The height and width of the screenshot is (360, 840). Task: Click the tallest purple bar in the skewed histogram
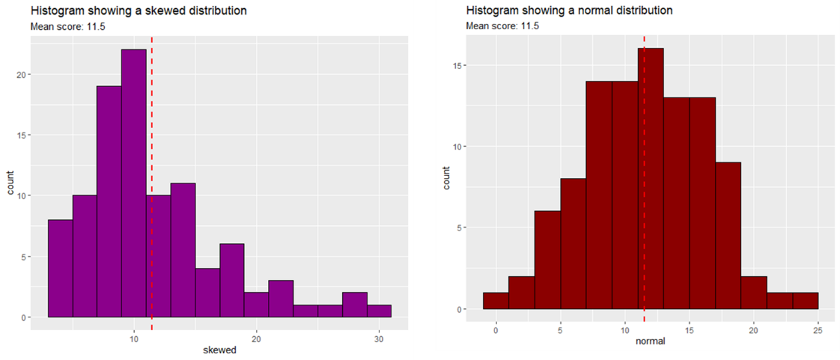pyautogui.click(x=134, y=183)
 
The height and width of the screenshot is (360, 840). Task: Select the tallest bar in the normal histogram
pyautogui.click(x=651, y=179)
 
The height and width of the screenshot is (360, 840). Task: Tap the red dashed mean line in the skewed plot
pyautogui.click(x=152, y=183)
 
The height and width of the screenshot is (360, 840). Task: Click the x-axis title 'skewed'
pyautogui.click(x=220, y=350)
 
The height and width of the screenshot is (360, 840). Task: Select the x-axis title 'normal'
pyautogui.click(x=650, y=341)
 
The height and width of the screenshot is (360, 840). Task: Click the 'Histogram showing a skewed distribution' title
pyautogui.click(x=139, y=11)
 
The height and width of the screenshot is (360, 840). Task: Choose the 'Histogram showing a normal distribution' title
pyautogui.click(x=570, y=10)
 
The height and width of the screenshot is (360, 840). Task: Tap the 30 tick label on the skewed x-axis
pyautogui.click(x=379, y=339)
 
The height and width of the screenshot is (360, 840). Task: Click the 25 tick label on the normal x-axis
pyautogui.click(x=818, y=330)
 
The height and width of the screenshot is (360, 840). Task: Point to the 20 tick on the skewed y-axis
pyautogui.click(x=21, y=74)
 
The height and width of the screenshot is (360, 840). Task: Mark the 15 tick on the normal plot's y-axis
pyautogui.click(x=457, y=65)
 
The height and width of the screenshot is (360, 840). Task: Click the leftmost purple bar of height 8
pyautogui.click(x=60, y=268)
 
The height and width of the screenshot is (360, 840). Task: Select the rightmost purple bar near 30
pyautogui.click(x=379, y=312)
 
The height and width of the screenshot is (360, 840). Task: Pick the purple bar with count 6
pyautogui.click(x=232, y=280)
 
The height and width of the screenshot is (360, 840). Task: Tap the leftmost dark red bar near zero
pyautogui.click(x=496, y=301)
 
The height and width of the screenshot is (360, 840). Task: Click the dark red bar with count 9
pyautogui.click(x=728, y=236)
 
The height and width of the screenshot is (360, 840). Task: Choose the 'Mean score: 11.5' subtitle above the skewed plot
pyautogui.click(x=68, y=27)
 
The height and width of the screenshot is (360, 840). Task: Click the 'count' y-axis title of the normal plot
pyautogui.click(x=447, y=178)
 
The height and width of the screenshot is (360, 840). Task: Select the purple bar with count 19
pyautogui.click(x=109, y=201)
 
